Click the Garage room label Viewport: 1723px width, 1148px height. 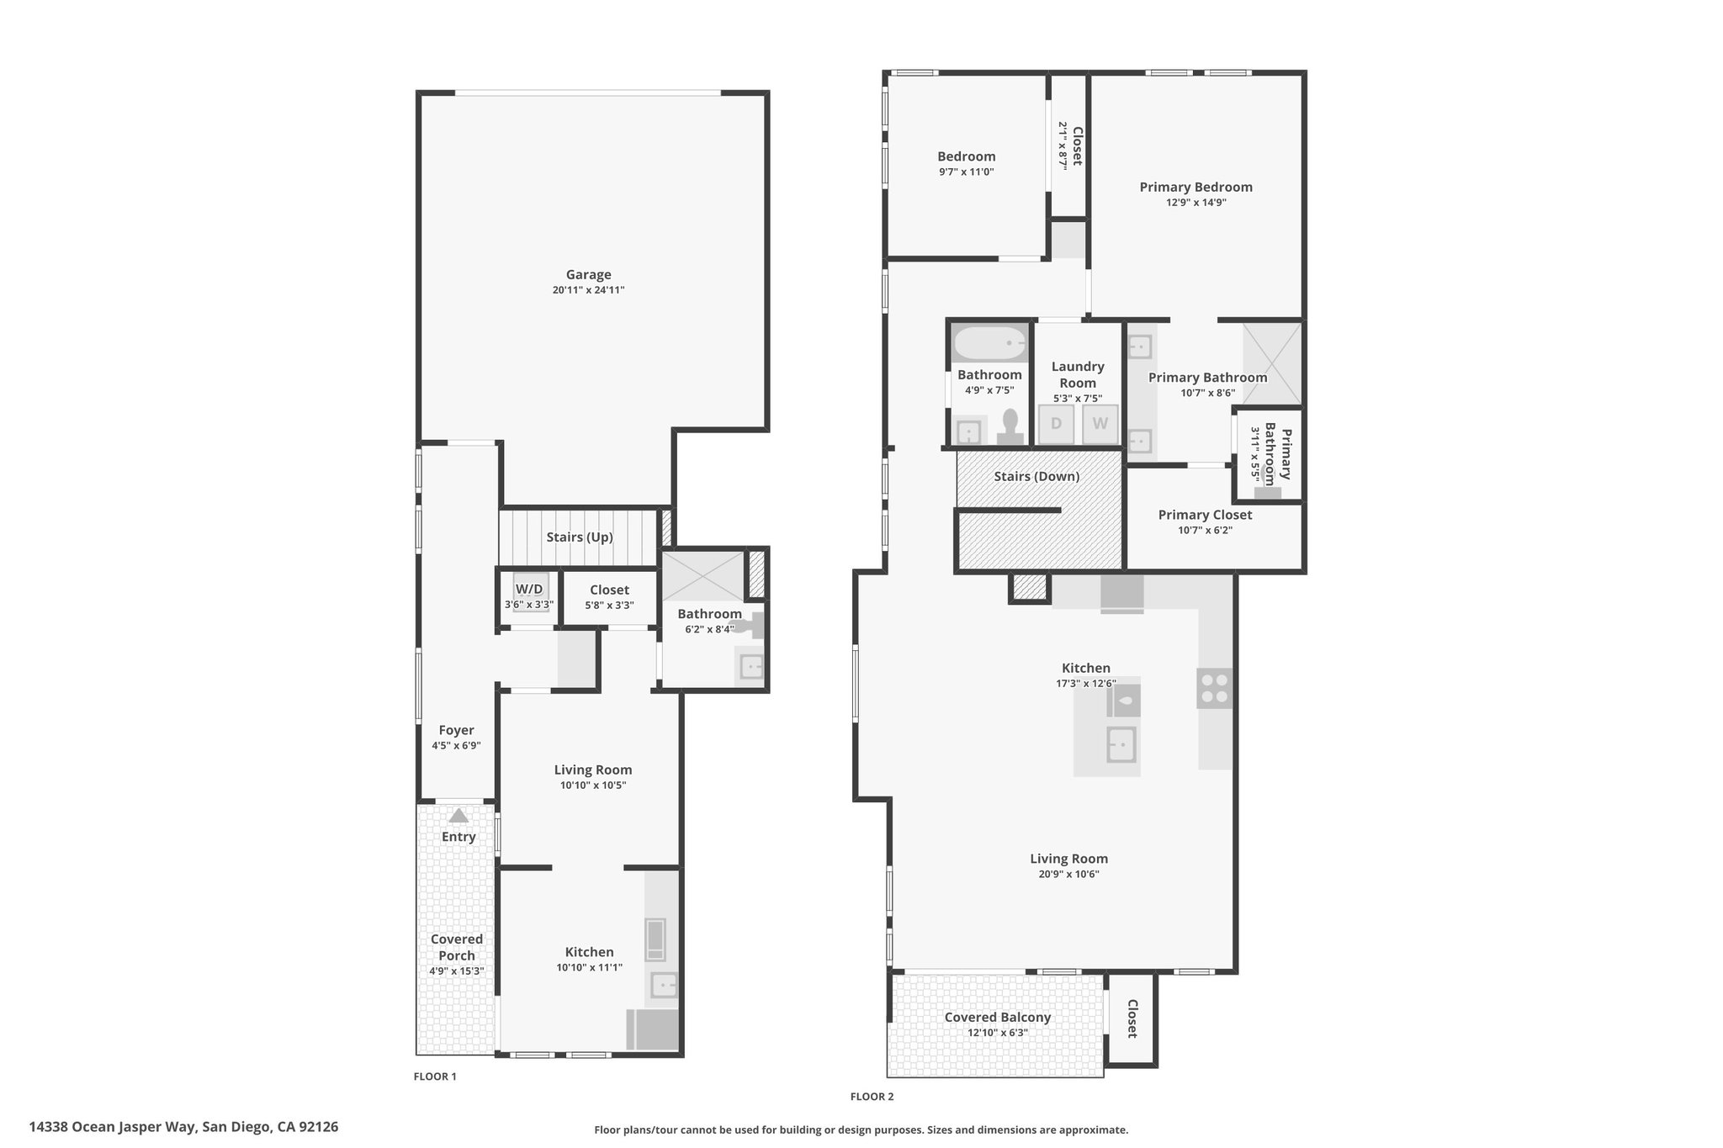point(588,274)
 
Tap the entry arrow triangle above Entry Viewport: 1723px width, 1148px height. point(458,815)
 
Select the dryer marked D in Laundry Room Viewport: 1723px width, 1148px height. point(1056,424)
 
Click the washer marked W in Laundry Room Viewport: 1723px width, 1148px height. point(1100,424)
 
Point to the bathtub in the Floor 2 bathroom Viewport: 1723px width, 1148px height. point(990,343)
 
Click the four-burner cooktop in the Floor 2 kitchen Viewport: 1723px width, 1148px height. point(1215,688)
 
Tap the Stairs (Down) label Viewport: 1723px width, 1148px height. point(1036,476)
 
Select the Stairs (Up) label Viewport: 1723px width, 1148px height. point(580,537)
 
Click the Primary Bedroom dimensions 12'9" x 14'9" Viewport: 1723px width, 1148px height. point(1195,203)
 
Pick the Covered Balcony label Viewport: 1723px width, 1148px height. point(998,1017)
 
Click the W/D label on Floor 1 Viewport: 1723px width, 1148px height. point(529,589)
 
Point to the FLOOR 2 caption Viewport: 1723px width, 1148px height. point(872,1097)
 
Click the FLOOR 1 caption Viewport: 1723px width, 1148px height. point(435,1077)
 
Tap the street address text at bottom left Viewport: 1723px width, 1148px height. point(183,1126)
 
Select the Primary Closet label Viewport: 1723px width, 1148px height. point(1205,515)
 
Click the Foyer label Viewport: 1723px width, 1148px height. point(456,730)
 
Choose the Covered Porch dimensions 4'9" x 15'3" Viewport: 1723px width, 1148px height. point(457,971)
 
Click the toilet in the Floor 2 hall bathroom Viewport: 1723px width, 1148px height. point(1010,426)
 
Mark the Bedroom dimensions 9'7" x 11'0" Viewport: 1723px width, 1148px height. point(967,172)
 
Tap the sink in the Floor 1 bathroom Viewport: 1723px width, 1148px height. point(750,668)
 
